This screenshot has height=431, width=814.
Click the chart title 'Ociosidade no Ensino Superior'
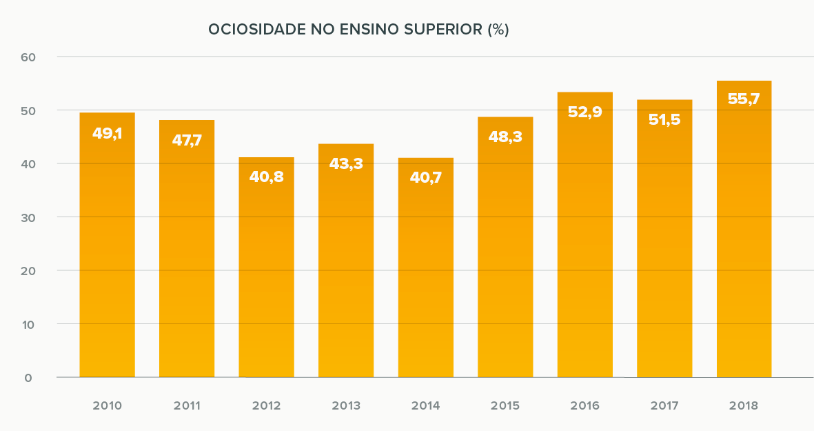pyautogui.click(x=358, y=30)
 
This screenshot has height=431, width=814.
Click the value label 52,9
pyautogui.click(x=584, y=112)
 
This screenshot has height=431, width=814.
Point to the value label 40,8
pyautogui.click(x=266, y=177)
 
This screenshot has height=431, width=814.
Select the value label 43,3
pyautogui.click(x=346, y=163)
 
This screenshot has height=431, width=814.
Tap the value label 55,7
pyautogui.click(x=744, y=99)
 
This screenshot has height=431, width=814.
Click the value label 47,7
pyautogui.click(x=187, y=141)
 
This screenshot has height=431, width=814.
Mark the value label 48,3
pyautogui.click(x=505, y=137)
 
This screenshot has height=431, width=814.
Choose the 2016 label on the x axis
pyautogui.click(x=584, y=405)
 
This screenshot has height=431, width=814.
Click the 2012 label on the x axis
pyautogui.click(x=266, y=405)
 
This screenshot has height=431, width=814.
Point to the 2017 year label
pyautogui.click(x=664, y=405)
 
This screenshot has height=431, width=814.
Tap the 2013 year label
pyautogui.click(x=346, y=405)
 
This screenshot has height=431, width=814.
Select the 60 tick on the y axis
pyautogui.click(x=28, y=57)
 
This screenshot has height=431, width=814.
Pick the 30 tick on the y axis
pyautogui.click(x=28, y=217)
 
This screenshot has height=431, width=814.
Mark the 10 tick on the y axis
pyautogui.click(x=28, y=324)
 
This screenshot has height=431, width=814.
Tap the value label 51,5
pyautogui.click(x=664, y=119)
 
